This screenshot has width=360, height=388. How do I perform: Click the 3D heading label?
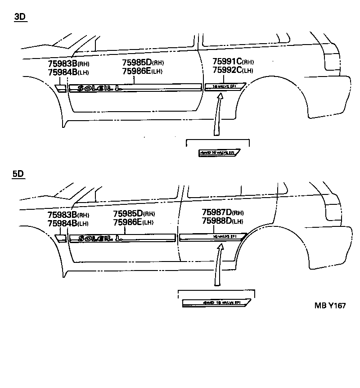(20, 17)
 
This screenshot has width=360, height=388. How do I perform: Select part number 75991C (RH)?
(233, 62)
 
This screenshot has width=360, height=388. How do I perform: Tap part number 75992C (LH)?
(232, 70)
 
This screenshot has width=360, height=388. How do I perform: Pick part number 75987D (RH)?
(223, 212)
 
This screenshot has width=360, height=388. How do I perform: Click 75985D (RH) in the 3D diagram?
(143, 63)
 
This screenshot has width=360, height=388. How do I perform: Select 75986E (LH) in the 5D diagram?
(134, 222)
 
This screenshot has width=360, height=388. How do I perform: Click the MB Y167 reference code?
(330, 306)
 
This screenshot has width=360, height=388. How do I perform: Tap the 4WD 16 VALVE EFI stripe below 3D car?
(219, 153)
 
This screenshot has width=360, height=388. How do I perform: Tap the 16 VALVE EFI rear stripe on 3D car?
(225, 86)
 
